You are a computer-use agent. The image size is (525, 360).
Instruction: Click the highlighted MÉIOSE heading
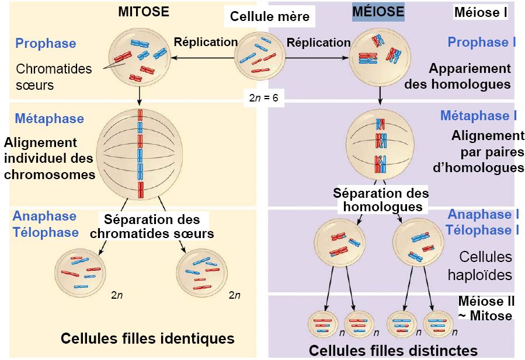378,12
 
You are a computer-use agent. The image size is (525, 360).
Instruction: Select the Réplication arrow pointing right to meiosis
318,57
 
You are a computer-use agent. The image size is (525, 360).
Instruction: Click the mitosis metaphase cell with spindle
140,154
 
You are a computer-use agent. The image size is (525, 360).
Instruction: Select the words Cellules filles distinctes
393,350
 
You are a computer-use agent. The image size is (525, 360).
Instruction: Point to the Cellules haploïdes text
485,265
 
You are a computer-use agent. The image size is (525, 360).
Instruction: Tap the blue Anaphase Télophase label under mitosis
46,224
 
